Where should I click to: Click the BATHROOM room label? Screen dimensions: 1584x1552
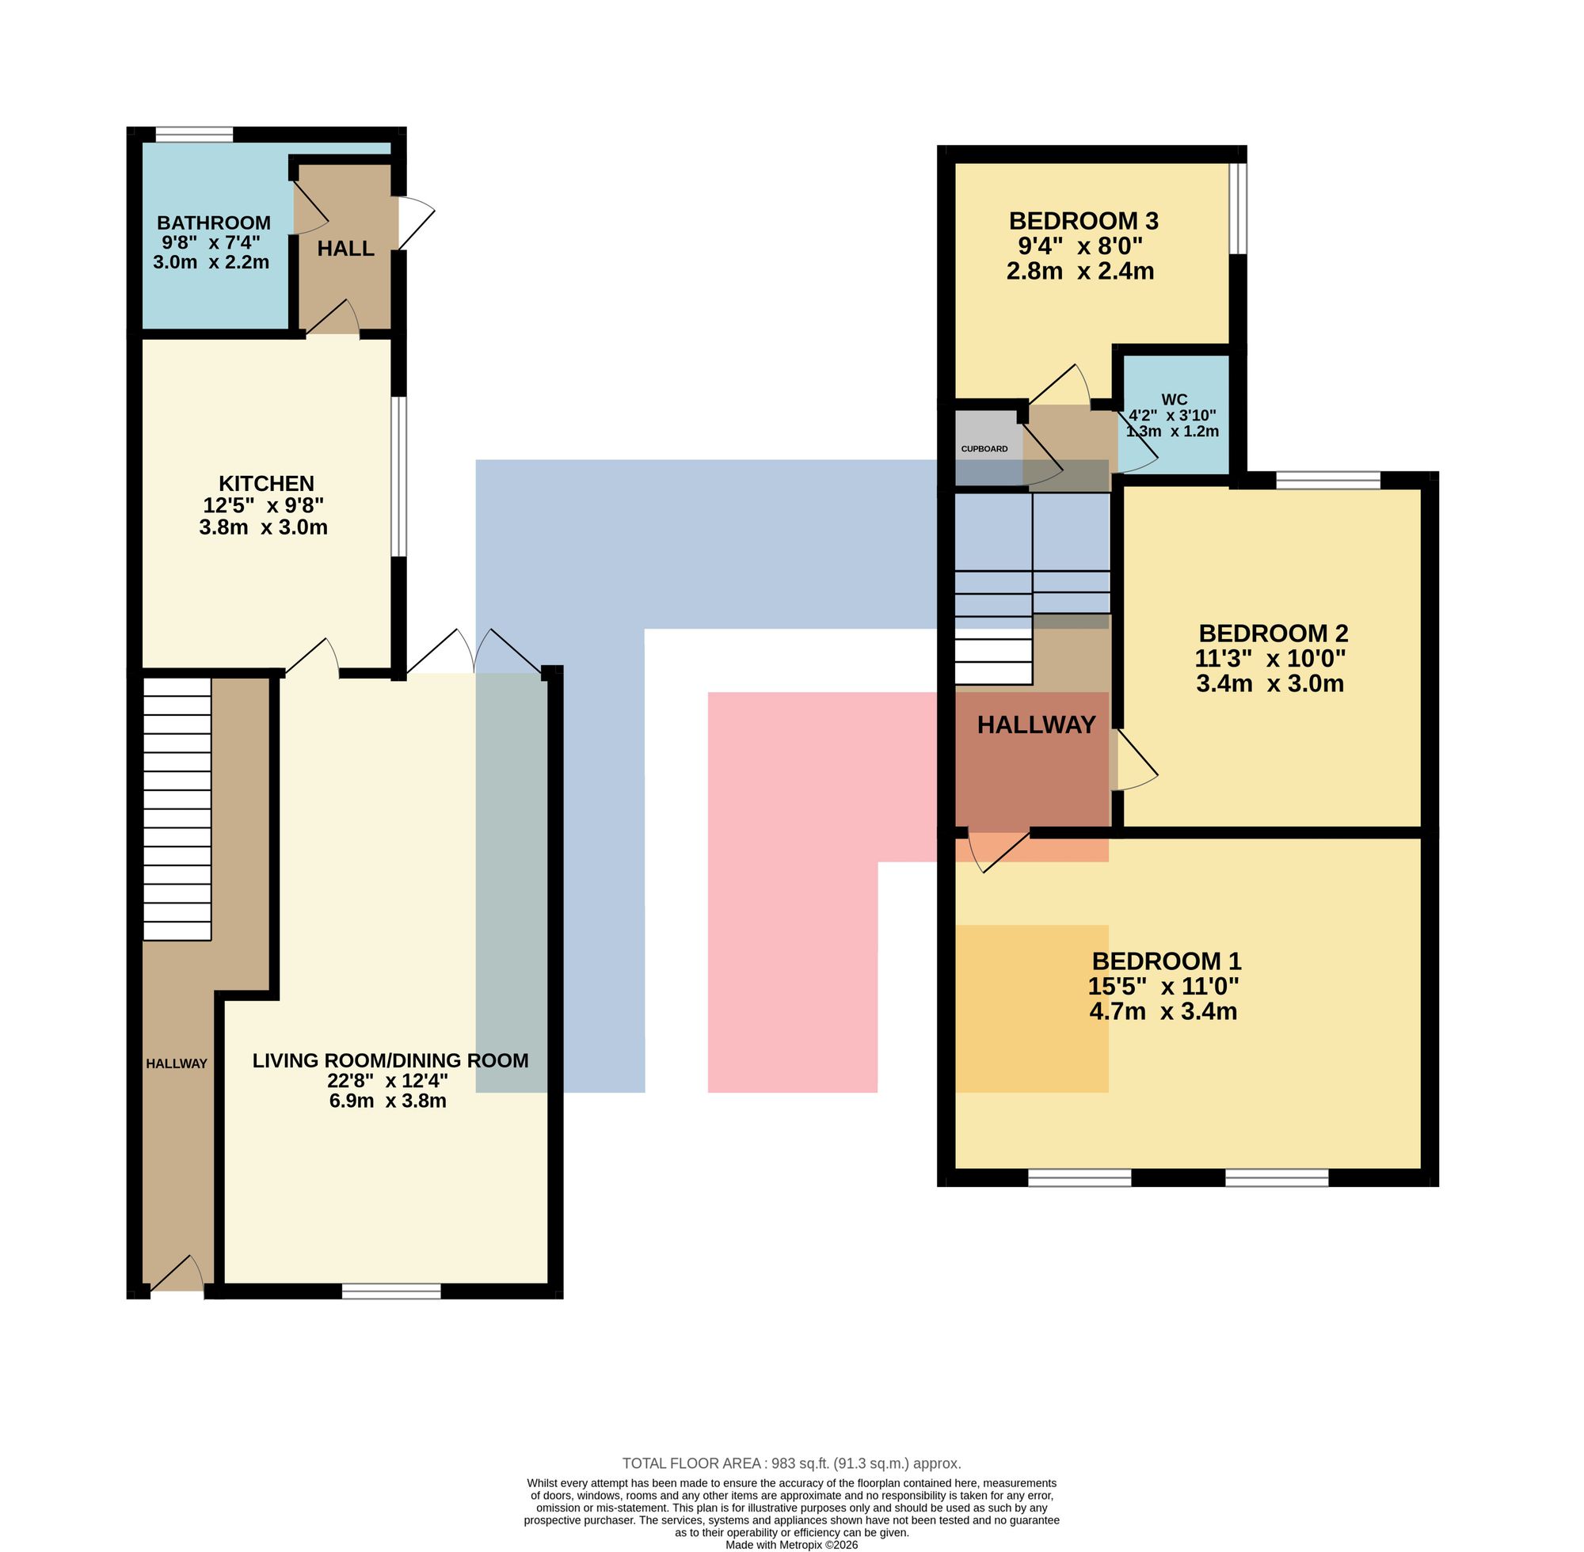point(214,223)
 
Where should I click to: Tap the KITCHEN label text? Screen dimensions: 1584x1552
point(266,483)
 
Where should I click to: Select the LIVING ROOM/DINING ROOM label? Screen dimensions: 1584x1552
point(390,1060)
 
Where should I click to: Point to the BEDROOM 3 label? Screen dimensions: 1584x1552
point(1083,221)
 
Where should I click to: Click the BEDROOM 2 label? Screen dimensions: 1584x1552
point(1274,633)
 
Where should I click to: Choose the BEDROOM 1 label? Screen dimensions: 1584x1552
point(1167,961)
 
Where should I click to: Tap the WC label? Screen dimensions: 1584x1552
point(1174,399)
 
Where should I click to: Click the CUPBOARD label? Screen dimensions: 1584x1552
point(984,449)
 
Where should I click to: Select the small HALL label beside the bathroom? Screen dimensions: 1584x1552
point(345,249)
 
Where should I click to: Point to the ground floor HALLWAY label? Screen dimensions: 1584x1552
point(177,1063)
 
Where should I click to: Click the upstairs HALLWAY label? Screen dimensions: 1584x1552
point(1036,725)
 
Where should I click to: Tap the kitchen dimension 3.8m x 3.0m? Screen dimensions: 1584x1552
point(263,527)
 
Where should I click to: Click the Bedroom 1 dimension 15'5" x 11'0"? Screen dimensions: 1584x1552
point(1163,987)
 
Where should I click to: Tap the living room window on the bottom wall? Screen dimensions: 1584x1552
point(391,1291)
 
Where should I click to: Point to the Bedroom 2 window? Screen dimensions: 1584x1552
point(1328,480)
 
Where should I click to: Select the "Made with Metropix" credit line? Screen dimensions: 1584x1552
point(791,1545)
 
